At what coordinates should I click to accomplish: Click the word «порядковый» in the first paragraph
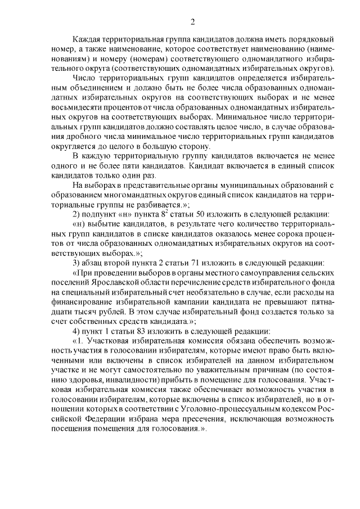click(310, 40)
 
